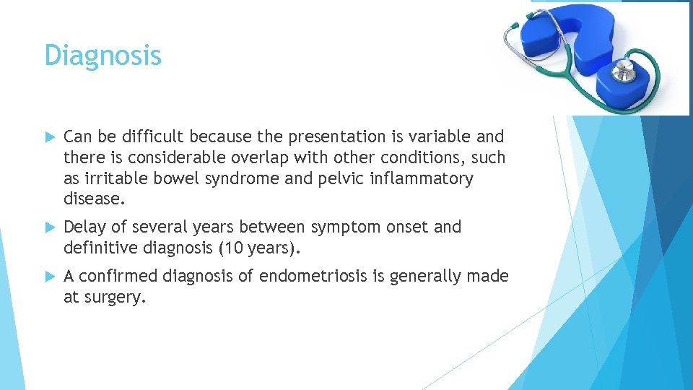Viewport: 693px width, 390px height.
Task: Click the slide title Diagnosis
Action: [103, 56]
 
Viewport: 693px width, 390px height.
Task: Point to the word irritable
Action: [118, 178]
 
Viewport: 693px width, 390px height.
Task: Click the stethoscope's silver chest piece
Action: [622, 71]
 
